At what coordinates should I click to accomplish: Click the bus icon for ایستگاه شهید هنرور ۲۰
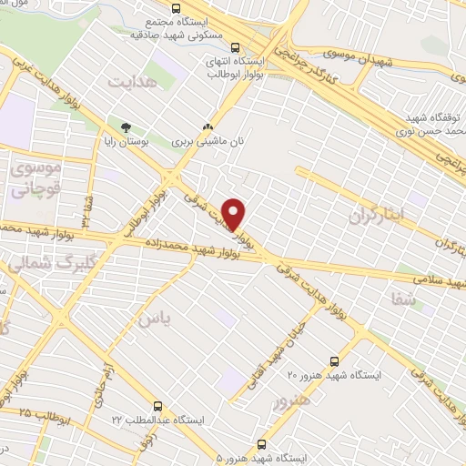pos(334,360)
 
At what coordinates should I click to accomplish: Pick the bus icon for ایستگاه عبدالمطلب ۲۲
pos(159,406)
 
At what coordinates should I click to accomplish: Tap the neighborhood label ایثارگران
pos(374,215)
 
